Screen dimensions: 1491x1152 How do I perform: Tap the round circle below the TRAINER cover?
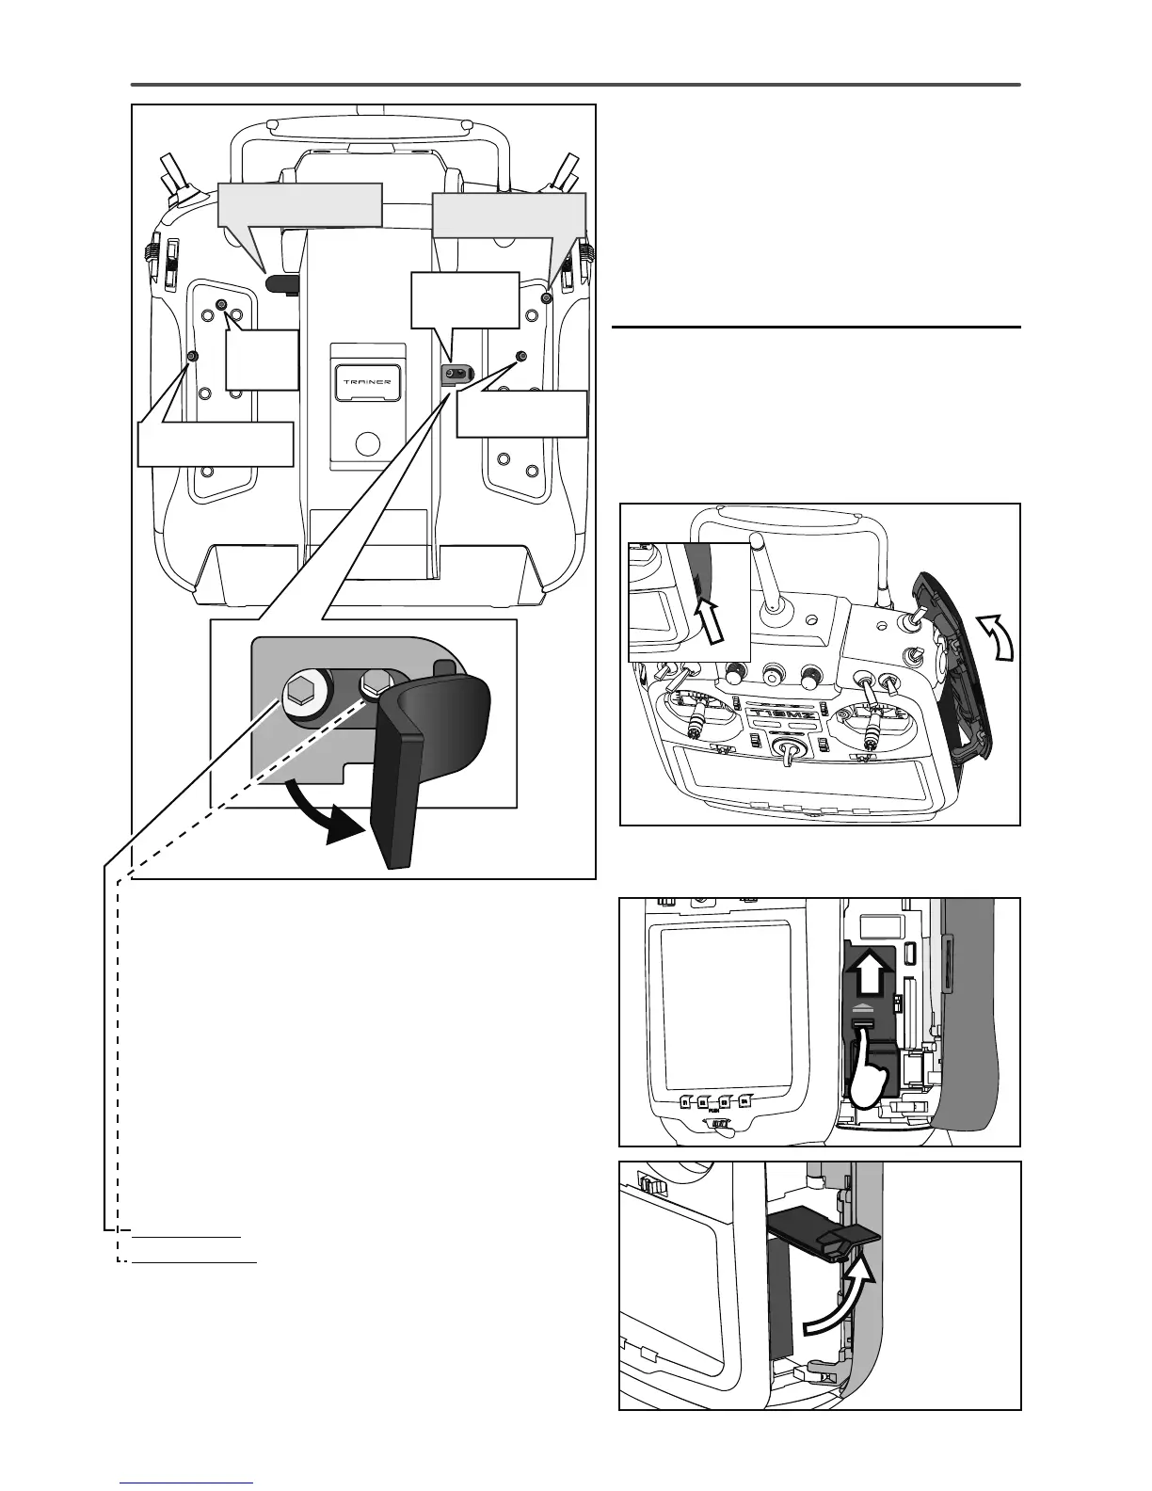(368, 442)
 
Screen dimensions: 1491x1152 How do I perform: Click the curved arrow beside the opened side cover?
(993, 636)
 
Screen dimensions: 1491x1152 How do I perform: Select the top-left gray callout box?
(299, 204)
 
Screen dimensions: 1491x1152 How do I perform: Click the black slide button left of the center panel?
(281, 282)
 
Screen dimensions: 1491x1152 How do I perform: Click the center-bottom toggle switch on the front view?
(789, 753)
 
